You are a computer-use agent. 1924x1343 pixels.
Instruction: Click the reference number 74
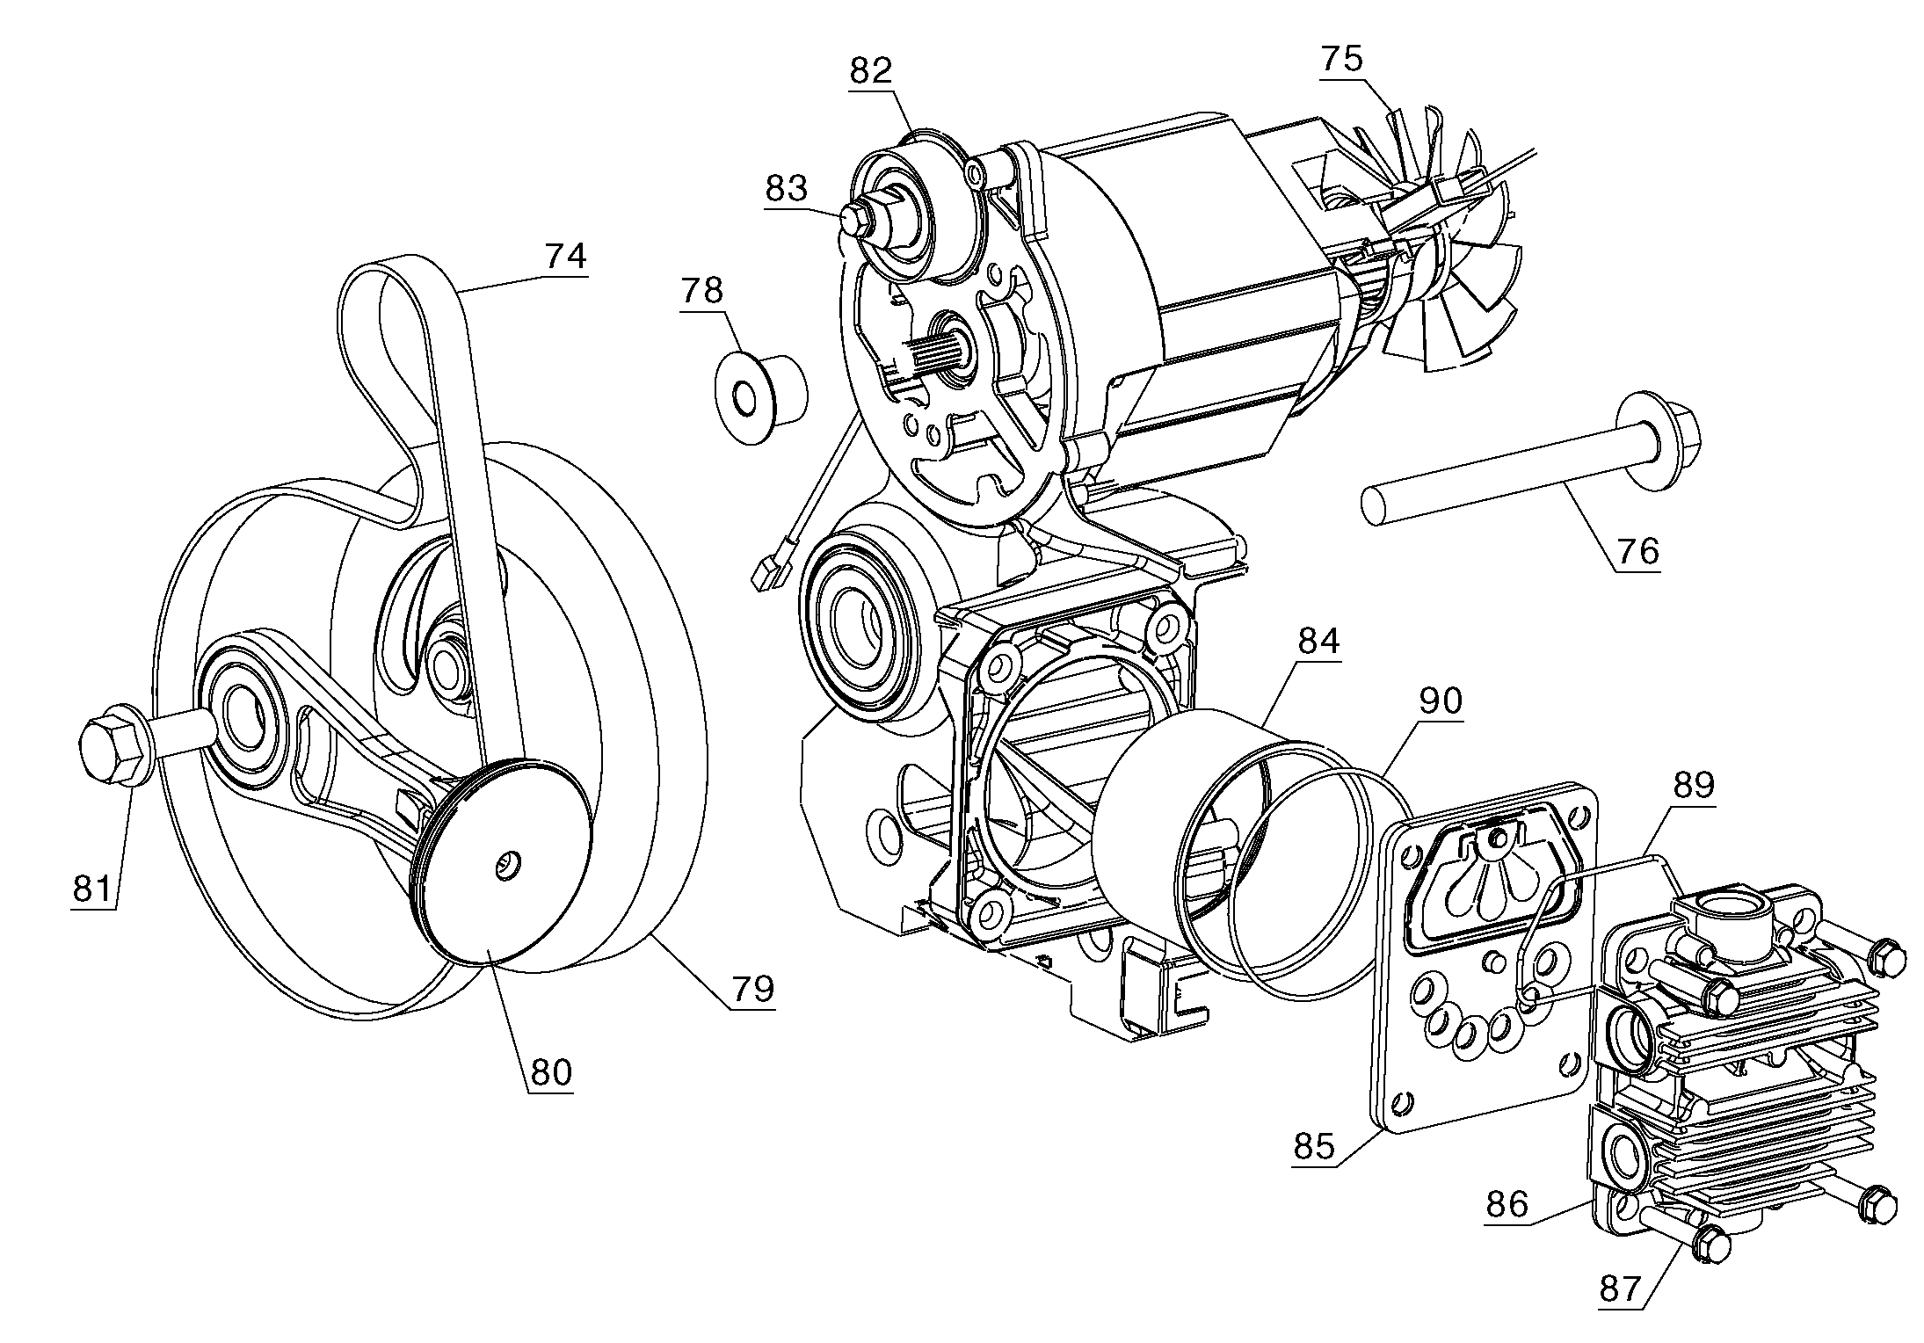[x=564, y=257]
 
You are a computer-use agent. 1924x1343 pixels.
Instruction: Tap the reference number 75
[x=1341, y=58]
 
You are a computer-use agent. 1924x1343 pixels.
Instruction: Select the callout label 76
[x=1637, y=551]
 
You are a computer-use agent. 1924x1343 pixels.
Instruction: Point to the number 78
[x=701, y=291]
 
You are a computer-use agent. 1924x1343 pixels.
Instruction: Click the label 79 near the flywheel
[x=753, y=989]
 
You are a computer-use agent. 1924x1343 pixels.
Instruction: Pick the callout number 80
[x=550, y=1071]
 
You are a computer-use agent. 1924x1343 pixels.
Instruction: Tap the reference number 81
[x=93, y=889]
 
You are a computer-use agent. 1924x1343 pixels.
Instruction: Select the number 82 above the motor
[x=870, y=71]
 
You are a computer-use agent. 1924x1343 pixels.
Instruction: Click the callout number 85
[x=1314, y=1146]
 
